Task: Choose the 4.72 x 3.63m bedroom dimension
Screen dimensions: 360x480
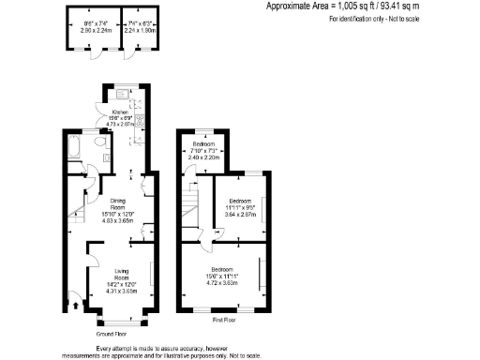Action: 224,279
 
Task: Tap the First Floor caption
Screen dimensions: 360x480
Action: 224,320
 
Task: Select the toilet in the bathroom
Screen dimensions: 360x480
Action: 100,143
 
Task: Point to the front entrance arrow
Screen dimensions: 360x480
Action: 75,302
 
